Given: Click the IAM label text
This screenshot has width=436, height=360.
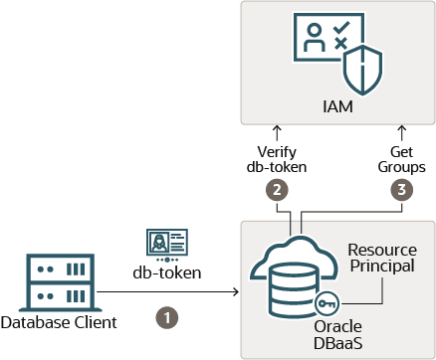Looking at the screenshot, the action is (x=337, y=106).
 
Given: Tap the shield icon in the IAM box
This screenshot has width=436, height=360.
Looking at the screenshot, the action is (x=362, y=71).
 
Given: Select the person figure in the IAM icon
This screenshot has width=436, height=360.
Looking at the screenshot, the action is (x=314, y=38).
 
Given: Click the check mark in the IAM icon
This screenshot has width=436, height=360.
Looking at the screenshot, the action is (x=341, y=27).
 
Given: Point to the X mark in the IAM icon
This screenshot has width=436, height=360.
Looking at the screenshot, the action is (x=340, y=44).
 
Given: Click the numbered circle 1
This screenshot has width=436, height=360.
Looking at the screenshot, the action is (x=167, y=318).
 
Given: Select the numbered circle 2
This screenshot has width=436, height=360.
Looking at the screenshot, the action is (x=277, y=190).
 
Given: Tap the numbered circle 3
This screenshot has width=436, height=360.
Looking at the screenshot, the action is (x=402, y=190).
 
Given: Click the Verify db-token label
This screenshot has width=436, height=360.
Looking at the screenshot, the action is (x=277, y=159).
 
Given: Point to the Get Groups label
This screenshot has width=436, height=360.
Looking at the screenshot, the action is (x=402, y=159).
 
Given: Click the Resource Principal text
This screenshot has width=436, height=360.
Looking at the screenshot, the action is (x=382, y=258).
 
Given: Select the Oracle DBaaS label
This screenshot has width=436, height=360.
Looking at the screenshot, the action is (x=337, y=335).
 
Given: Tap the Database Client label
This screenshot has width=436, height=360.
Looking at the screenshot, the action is (x=59, y=322).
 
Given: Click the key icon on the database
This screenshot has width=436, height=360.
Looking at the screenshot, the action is (x=327, y=303).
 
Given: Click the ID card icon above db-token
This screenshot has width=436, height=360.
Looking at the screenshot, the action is (x=167, y=245).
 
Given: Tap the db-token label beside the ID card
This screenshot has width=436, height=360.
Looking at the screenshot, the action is (x=167, y=272).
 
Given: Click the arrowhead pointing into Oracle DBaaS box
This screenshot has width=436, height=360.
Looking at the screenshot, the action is (x=236, y=291).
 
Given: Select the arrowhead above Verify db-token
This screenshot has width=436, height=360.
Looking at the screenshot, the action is (x=277, y=128).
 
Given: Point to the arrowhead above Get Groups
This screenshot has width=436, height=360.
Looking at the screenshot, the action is (x=402, y=128).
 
